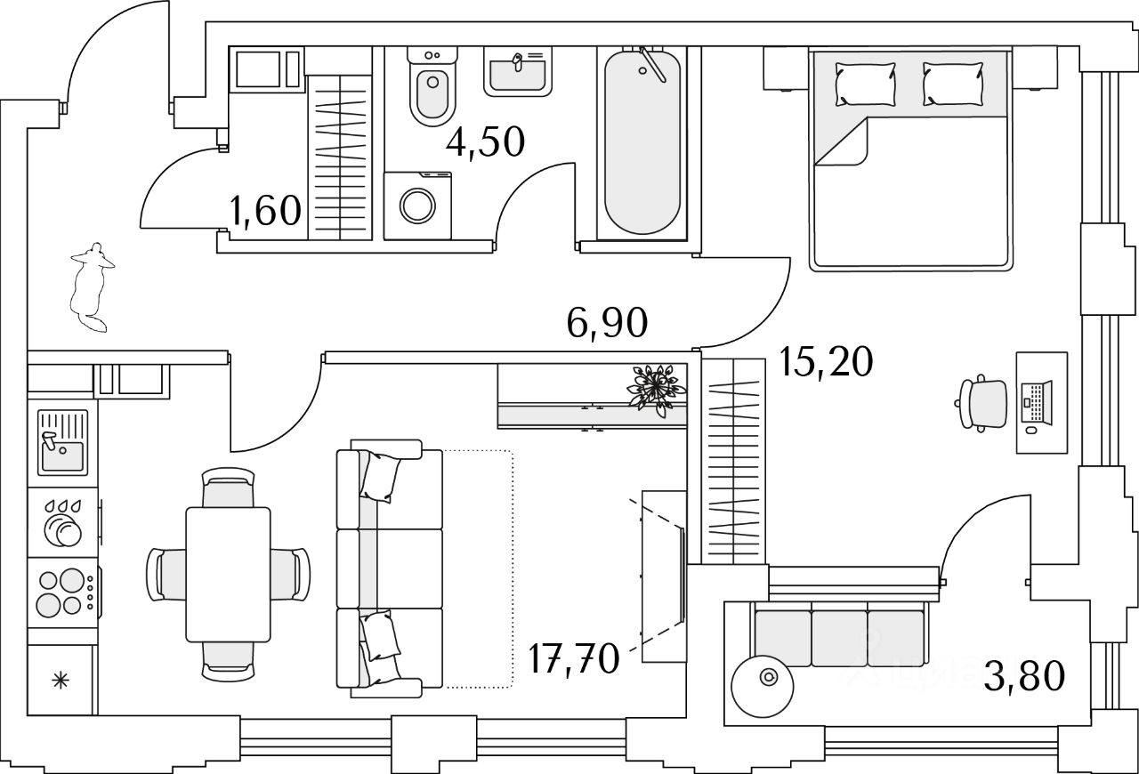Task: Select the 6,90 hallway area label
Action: (606, 323)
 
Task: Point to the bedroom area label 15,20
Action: (826, 362)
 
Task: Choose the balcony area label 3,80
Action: (1024, 677)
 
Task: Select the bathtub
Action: (644, 142)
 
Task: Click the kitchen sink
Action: (62, 442)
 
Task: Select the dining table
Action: (228, 574)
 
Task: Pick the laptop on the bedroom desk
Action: (1038, 402)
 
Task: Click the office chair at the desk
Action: (983, 402)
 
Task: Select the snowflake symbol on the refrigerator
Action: (61, 682)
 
